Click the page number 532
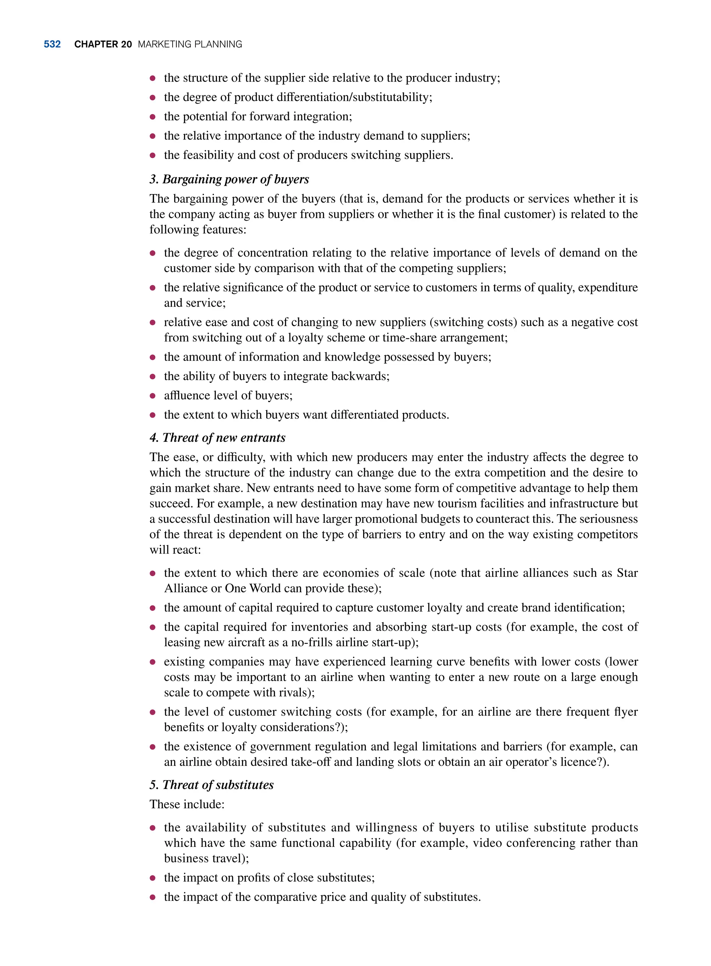tap(52, 44)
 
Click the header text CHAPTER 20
tap(103, 44)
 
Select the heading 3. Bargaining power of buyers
tap(229, 179)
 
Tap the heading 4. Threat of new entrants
tap(217, 438)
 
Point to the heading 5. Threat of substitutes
tap(211, 785)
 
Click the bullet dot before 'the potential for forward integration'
tap(152, 117)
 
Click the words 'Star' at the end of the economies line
tap(627, 573)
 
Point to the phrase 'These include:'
tap(187, 804)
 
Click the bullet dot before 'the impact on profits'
tap(152, 878)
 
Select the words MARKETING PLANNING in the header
tap(190, 44)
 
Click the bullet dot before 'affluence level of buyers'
tap(152, 396)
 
